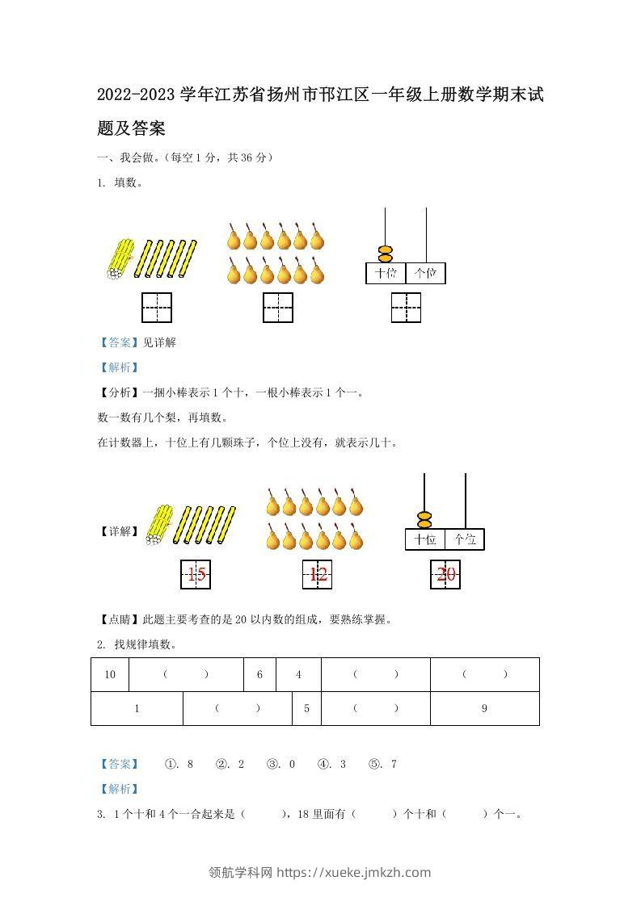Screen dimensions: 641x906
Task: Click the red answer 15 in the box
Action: click(x=196, y=574)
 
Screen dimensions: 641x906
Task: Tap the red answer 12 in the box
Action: click(x=318, y=574)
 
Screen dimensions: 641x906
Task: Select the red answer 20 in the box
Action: click(x=446, y=574)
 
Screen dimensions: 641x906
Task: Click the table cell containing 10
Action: click(x=110, y=674)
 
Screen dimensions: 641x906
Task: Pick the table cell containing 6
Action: click(x=259, y=674)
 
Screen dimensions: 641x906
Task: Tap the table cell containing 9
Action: click(x=485, y=708)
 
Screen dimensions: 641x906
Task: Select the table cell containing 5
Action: click(x=306, y=708)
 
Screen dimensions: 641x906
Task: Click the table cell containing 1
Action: click(x=137, y=708)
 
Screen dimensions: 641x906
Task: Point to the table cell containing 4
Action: click(x=298, y=674)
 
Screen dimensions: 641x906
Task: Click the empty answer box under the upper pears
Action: click(x=278, y=308)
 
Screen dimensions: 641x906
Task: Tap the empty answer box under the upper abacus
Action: click(x=406, y=308)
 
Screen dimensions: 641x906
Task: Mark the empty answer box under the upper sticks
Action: click(x=157, y=308)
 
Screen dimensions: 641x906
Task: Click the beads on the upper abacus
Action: click(x=386, y=254)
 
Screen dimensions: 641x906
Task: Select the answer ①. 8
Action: click(x=179, y=764)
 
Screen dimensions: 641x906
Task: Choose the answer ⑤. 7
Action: click(x=382, y=764)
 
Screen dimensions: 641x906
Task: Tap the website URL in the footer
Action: click(x=354, y=872)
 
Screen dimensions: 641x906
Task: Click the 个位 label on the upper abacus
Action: click(x=426, y=273)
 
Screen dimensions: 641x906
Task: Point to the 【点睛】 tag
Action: click(x=120, y=619)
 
